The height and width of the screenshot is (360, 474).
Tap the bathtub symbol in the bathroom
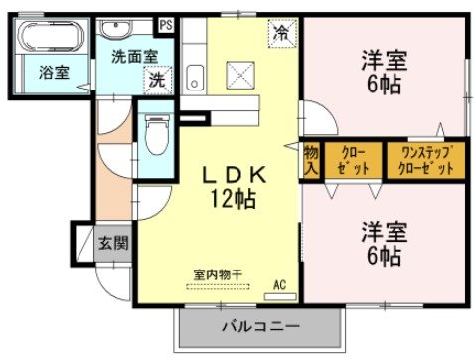pos(51,38)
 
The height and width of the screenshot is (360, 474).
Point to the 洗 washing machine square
pos(157,81)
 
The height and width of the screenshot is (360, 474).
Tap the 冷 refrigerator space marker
pos(281,33)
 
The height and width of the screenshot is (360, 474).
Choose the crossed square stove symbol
pos(239,74)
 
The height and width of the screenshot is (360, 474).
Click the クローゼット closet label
pos(353,160)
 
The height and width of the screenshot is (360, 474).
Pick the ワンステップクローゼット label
pos(426,160)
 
